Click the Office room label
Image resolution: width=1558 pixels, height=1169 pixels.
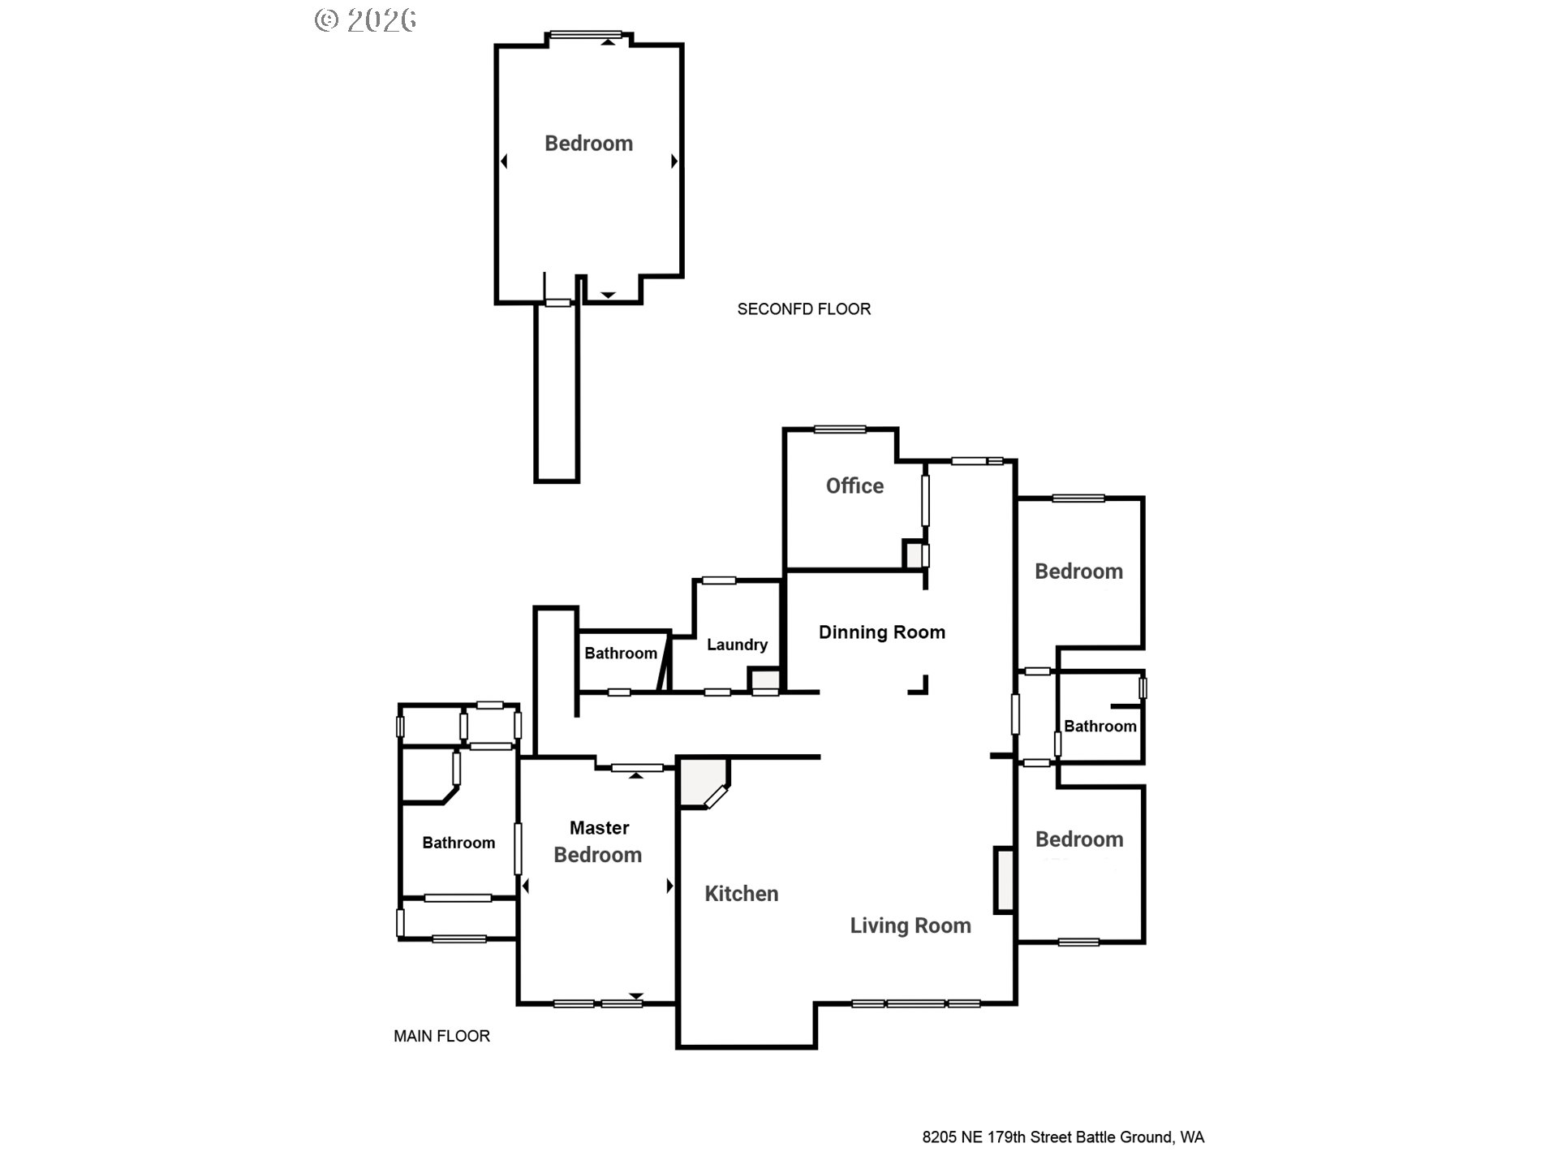[x=854, y=485]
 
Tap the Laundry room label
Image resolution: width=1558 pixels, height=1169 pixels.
[x=737, y=645]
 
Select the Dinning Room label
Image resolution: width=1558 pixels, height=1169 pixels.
[x=881, y=632]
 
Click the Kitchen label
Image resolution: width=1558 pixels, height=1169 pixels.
[x=741, y=894]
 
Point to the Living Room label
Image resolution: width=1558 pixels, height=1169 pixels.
[x=910, y=925]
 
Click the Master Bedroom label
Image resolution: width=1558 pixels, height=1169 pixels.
[x=598, y=842]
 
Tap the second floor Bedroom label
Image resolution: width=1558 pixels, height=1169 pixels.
[x=588, y=144]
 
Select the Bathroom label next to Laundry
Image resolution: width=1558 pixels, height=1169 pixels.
[x=621, y=654]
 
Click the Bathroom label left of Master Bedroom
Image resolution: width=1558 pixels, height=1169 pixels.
[x=458, y=843]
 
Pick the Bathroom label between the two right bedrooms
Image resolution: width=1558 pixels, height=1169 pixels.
[x=1100, y=727]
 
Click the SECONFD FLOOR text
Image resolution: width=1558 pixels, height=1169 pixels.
[x=803, y=309]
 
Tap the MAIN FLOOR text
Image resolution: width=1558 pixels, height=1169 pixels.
[x=441, y=1036]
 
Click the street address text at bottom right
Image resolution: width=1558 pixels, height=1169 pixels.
[x=1063, y=1137]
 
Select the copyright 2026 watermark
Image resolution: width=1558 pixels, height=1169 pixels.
[x=365, y=20]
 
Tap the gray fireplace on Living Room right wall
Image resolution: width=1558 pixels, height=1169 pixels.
[x=1005, y=880]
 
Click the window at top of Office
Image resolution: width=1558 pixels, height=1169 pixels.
[x=840, y=429]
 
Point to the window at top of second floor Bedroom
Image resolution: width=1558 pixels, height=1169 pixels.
[x=585, y=35]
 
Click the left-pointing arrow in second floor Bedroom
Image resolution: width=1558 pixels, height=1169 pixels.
[x=504, y=162]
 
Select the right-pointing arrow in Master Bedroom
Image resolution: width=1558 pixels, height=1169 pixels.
[x=669, y=886]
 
